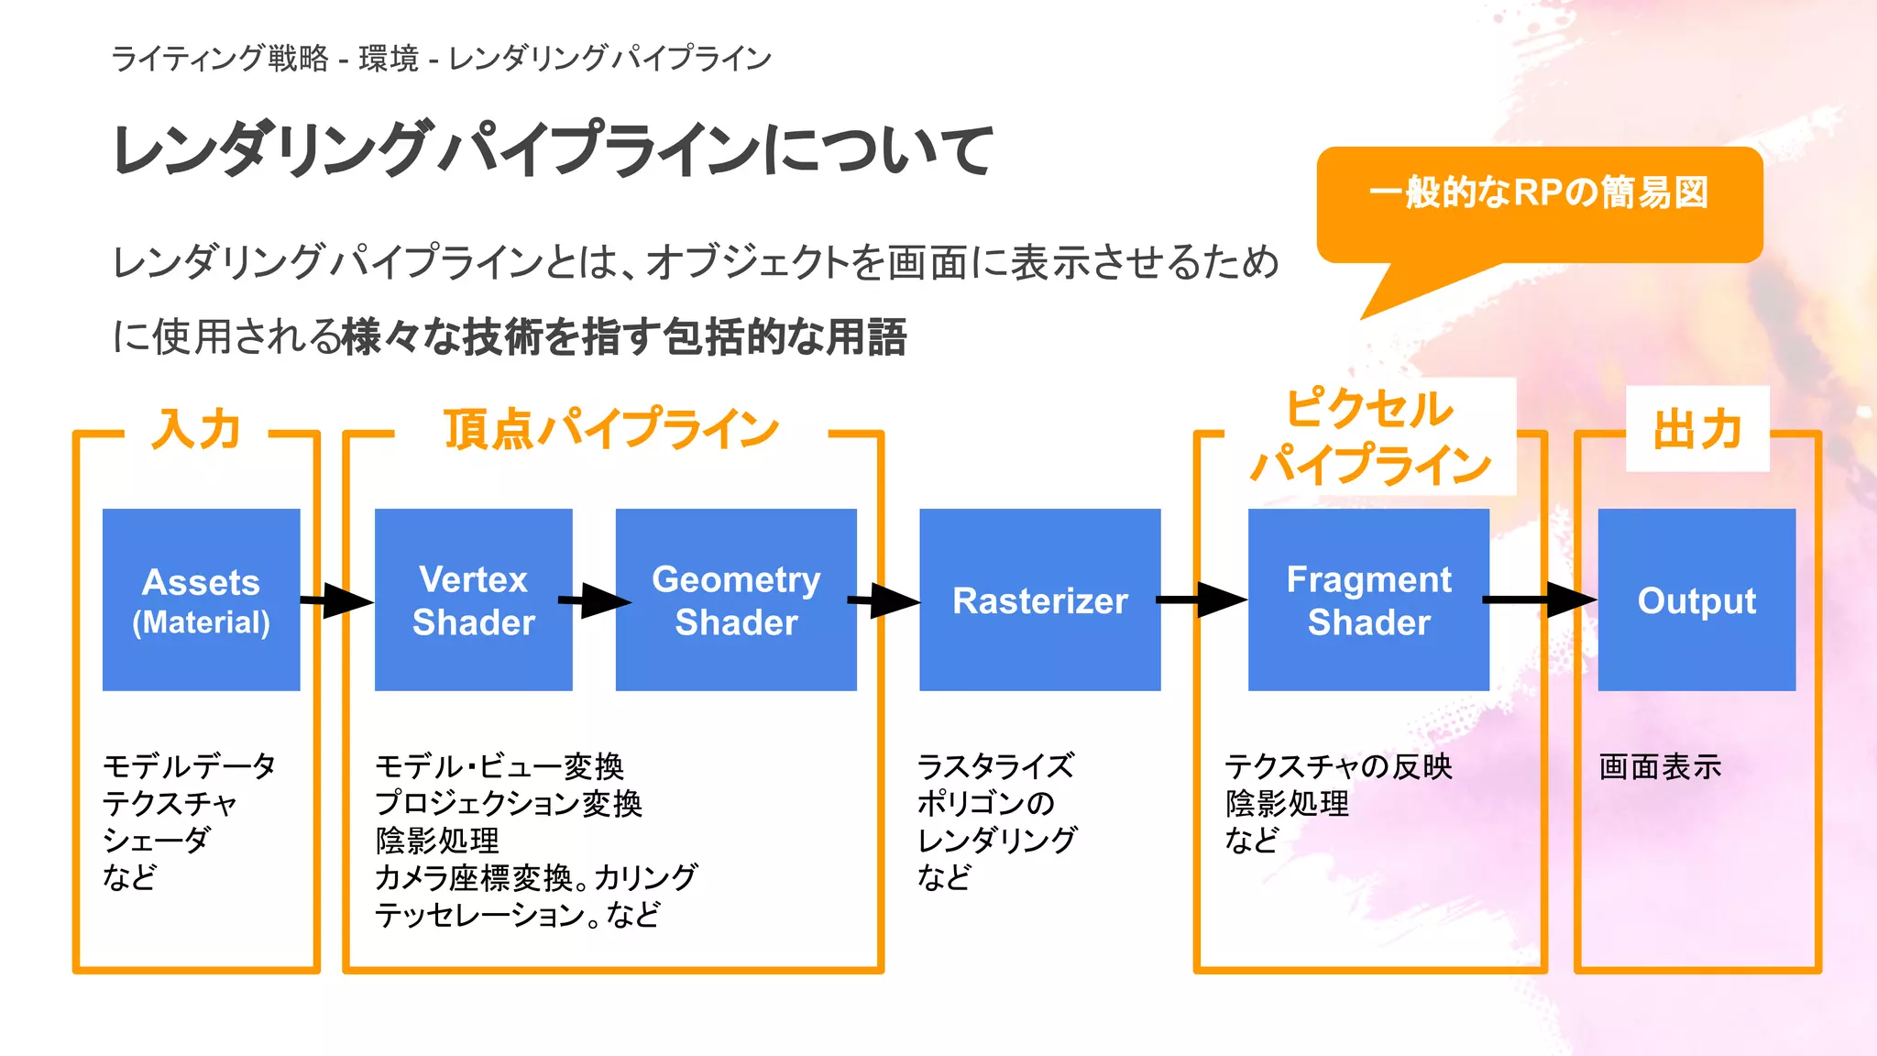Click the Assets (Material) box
point(201,599)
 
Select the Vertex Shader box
point(473,599)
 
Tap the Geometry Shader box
point(736,599)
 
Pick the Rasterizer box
point(1039,599)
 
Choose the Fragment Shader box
point(1368,599)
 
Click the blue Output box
point(1696,599)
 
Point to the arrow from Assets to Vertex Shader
point(337,601)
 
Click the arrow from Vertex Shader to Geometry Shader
point(595,601)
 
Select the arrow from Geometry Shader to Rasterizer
point(885,601)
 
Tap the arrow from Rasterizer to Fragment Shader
point(1203,600)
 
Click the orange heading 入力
point(196,429)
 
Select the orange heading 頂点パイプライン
point(611,429)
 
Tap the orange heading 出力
point(1697,429)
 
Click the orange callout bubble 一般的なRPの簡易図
point(1540,203)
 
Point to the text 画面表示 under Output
point(1660,766)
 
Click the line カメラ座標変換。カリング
point(536,877)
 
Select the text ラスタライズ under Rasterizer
point(995,766)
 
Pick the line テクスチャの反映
point(1338,766)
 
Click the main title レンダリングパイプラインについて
point(552,149)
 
